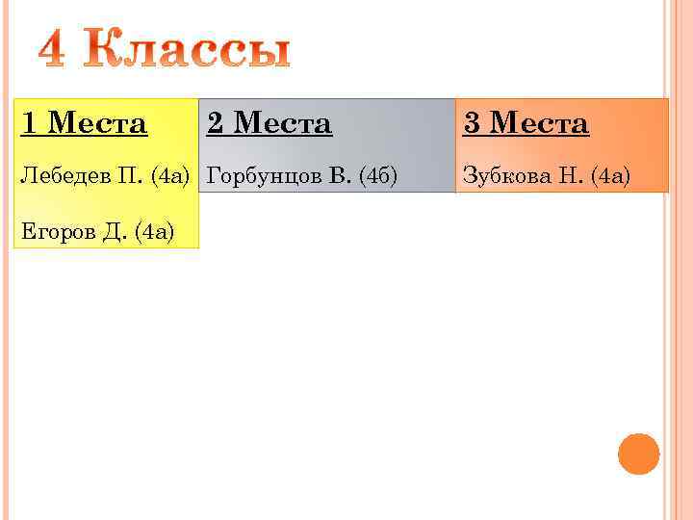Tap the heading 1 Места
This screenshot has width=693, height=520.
coord(85,123)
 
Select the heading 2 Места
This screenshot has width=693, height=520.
coord(269,123)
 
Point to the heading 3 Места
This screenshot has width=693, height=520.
coord(526,123)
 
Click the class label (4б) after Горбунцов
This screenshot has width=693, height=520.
coord(377,175)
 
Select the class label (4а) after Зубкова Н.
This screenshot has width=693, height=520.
coord(611,175)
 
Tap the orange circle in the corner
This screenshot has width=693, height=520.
coord(638,454)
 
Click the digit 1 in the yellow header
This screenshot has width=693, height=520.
coord(29,123)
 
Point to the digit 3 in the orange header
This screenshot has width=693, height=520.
coord(472,123)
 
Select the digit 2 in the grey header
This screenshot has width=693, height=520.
coord(215,123)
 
